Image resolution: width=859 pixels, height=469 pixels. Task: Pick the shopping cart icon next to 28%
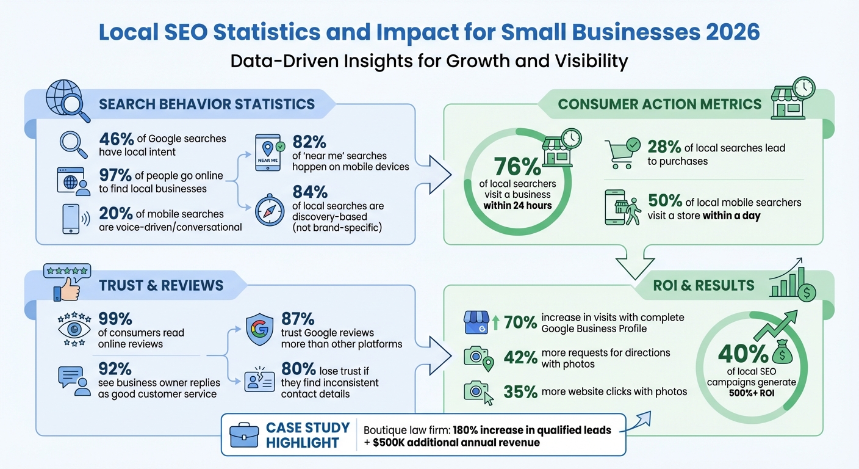(x=622, y=153)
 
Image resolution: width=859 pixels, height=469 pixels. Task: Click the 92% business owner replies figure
(x=115, y=369)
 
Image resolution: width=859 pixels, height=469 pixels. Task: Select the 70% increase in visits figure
(x=520, y=322)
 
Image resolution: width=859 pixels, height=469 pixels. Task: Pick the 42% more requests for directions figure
(x=520, y=357)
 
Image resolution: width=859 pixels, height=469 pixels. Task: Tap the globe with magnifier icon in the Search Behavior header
(x=68, y=101)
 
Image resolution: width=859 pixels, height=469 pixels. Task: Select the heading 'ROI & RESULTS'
(x=703, y=285)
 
